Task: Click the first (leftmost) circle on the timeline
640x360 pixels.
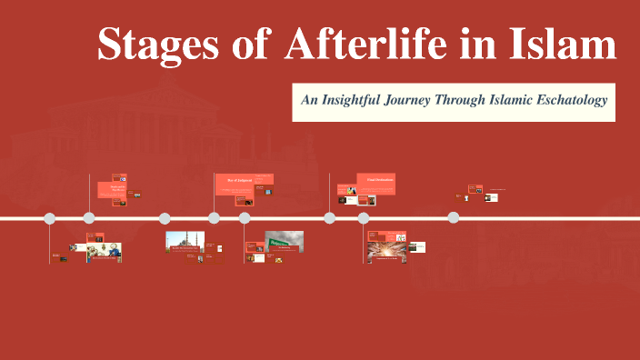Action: coord(50,218)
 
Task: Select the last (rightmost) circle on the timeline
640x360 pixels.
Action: coord(453,217)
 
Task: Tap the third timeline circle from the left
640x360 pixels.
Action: coord(165,218)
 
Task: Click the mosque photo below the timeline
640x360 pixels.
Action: coord(185,242)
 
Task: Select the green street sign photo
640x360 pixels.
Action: coord(284,241)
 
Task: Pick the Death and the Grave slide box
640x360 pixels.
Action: coord(118,187)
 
